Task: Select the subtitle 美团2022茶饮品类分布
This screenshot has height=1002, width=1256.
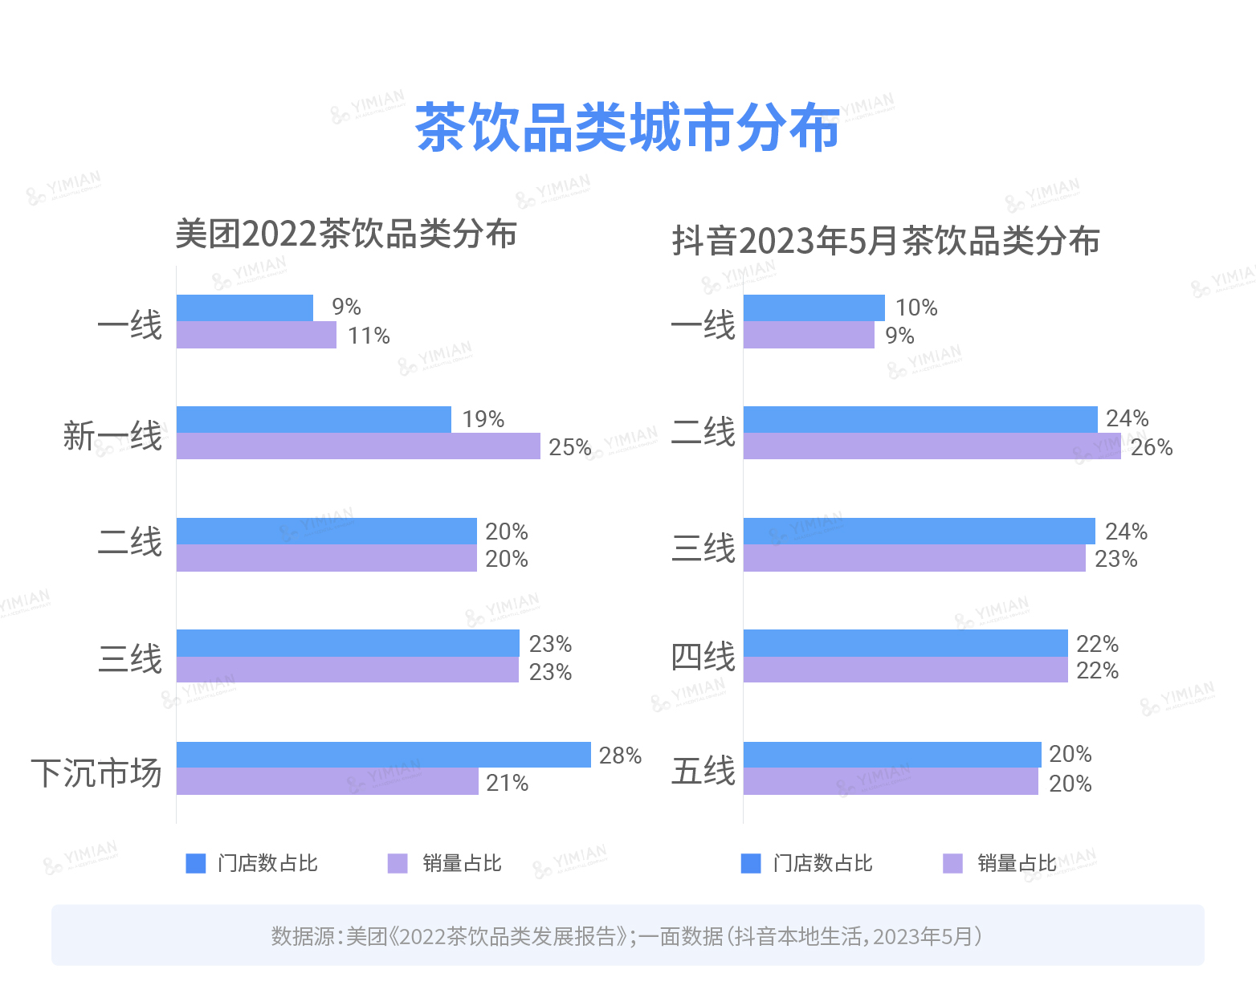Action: (x=346, y=234)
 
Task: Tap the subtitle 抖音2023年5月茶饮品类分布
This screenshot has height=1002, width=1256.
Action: (x=886, y=241)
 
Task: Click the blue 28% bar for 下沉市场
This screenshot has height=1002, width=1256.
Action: (x=383, y=755)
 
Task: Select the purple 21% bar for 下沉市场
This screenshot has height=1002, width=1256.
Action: (x=327, y=782)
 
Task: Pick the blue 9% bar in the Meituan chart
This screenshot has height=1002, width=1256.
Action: (x=244, y=308)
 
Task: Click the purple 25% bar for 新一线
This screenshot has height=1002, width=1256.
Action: (x=358, y=446)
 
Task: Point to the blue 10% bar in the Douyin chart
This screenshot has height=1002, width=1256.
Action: (x=814, y=308)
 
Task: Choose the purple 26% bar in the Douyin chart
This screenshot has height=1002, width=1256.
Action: (x=932, y=446)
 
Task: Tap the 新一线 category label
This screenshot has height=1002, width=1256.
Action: (x=112, y=436)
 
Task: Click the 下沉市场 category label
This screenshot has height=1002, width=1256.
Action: (x=96, y=772)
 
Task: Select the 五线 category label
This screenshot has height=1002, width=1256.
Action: (x=703, y=771)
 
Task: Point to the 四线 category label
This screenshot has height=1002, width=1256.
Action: (x=703, y=657)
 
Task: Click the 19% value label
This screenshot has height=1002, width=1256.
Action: (x=483, y=419)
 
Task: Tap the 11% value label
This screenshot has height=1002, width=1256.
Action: (x=369, y=336)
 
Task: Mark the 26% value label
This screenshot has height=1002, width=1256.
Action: (x=1152, y=447)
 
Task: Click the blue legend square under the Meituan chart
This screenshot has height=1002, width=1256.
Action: (x=196, y=863)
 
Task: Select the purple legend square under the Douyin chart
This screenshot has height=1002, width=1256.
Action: (x=952, y=863)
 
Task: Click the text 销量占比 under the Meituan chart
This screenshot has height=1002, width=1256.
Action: (x=462, y=863)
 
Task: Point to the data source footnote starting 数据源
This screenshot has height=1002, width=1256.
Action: (x=627, y=936)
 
